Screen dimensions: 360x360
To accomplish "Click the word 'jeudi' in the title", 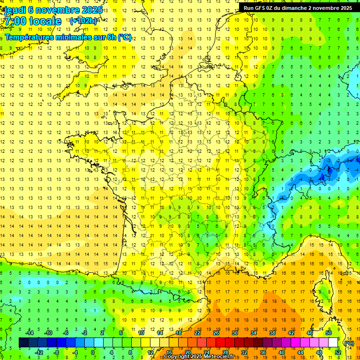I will click(14, 10).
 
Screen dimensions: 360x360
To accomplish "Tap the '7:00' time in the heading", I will click(15, 21).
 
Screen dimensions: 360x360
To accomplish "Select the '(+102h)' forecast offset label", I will click(83, 21).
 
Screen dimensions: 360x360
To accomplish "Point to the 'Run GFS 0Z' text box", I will click(298, 8).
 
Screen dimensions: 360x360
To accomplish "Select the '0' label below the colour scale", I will click(93, 352).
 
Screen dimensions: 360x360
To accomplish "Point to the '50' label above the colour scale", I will click(328, 333).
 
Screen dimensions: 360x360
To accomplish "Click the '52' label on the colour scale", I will click(338, 352).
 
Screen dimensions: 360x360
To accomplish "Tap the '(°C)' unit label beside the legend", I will click(349, 343).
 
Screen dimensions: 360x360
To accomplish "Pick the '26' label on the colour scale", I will click(216, 333).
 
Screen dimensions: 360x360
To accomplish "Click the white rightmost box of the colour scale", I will click(333, 343).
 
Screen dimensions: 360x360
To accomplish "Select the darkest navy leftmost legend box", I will click(23, 343).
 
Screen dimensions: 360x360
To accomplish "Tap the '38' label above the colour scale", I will click(272, 333).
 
